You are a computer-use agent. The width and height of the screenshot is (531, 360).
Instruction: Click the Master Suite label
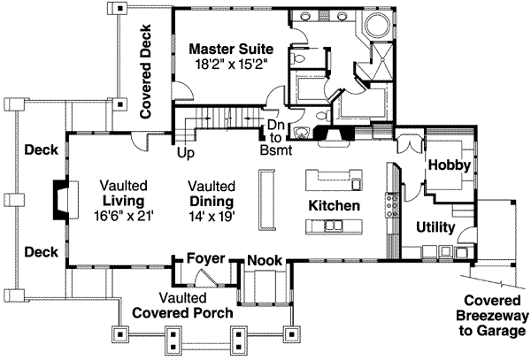(x=231, y=49)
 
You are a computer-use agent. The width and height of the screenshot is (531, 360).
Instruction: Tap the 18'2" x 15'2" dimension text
(x=231, y=65)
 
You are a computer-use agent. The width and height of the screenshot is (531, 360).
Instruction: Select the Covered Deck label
(x=145, y=71)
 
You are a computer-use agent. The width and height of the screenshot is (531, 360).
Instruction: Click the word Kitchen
(x=334, y=205)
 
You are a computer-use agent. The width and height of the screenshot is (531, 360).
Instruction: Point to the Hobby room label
(x=450, y=165)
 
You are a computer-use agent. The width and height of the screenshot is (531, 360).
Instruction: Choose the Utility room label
(x=435, y=227)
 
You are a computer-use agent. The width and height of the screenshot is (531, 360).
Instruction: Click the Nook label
(x=265, y=260)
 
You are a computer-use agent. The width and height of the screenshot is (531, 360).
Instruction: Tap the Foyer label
(x=206, y=258)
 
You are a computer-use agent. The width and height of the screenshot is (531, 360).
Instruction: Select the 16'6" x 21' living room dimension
(x=124, y=216)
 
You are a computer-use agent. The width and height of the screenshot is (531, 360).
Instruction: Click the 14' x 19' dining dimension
(x=212, y=217)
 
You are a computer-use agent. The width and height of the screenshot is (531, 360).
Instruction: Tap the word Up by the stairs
(x=186, y=153)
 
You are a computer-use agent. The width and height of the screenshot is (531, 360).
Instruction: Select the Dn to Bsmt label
(x=276, y=137)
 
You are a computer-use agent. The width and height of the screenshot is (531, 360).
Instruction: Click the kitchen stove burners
(x=392, y=204)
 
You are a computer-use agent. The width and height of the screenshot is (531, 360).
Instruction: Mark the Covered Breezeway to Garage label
(x=492, y=316)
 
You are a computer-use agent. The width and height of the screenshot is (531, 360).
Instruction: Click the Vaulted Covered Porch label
(x=183, y=306)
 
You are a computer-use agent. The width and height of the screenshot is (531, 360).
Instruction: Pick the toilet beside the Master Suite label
(x=297, y=57)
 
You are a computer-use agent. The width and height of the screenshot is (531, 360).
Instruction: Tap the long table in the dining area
(x=267, y=200)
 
